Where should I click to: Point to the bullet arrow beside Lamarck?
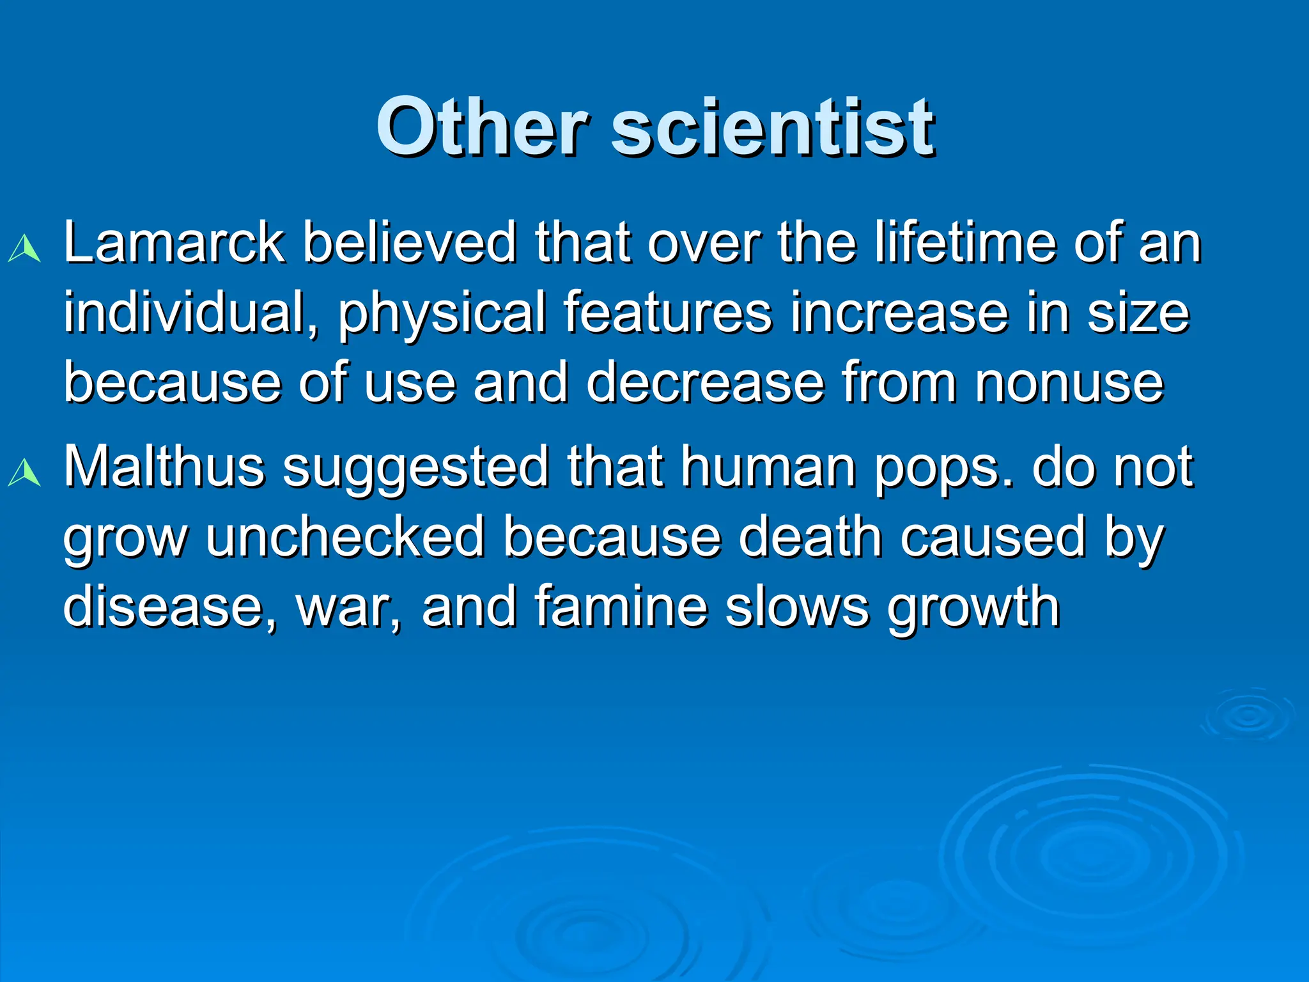pyautogui.click(x=24, y=249)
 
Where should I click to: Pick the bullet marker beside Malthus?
pyautogui.click(x=24, y=474)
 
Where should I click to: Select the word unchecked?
pyautogui.click(x=345, y=537)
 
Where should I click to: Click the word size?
pyautogui.click(x=1138, y=313)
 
